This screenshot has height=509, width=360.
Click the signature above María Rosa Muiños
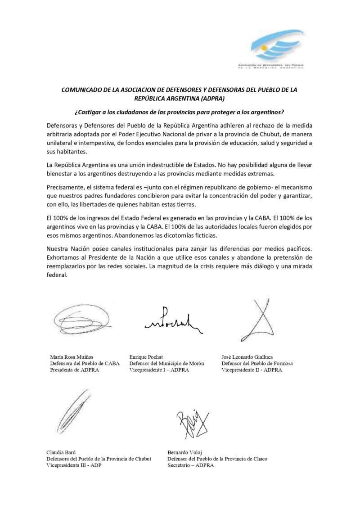74,319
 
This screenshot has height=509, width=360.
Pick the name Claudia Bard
62,451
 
